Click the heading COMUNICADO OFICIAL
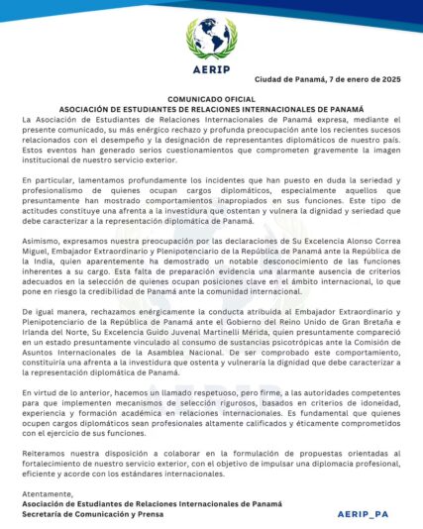[211, 100]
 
